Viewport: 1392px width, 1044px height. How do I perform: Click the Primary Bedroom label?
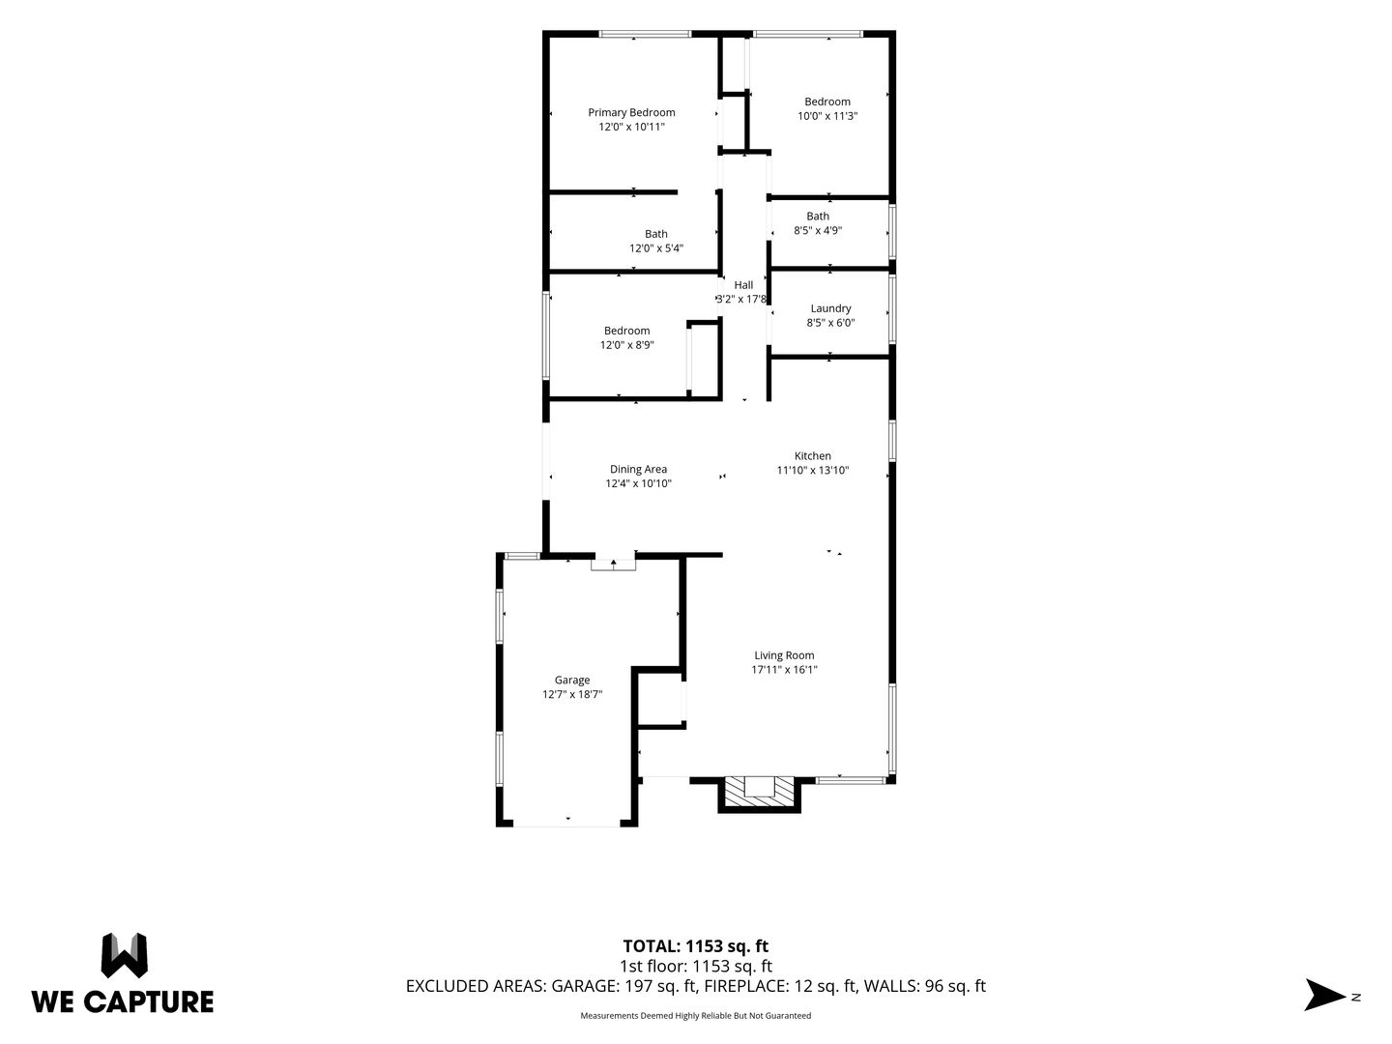[x=631, y=112]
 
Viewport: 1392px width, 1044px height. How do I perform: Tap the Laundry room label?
[x=830, y=308]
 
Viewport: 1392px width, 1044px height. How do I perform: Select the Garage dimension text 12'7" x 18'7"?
[x=572, y=694]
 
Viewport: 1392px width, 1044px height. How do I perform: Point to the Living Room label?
[x=784, y=655]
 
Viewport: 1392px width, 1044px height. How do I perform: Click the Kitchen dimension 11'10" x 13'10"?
[x=812, y=470]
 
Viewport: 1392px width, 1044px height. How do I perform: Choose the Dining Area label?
[x=638, y=469]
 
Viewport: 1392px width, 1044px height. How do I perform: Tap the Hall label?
[x=743, y=285]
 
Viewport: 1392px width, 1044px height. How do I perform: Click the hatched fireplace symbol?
[x=759, y=793]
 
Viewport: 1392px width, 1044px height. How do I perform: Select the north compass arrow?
[x=1324, y=997]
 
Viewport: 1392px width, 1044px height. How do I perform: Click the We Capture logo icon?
[x=125, y=955]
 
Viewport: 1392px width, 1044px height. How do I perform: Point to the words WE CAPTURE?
[x=123, y=1001]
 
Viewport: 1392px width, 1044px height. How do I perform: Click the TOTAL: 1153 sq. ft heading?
[x=696, y=946]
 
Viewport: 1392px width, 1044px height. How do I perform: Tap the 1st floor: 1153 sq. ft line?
[x=696, y=966]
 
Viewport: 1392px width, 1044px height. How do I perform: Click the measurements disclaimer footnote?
[x=696, y=1015]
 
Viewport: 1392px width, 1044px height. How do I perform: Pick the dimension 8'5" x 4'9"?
[x=818, y=230]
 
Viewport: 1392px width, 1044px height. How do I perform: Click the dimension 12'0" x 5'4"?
[x=655, y=247]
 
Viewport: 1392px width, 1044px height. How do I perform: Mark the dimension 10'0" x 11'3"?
[x=826, y=115]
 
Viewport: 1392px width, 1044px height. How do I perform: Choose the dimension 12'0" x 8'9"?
[x=626, y=345]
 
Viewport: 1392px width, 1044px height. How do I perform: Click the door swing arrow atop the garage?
[x=613, y=563]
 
